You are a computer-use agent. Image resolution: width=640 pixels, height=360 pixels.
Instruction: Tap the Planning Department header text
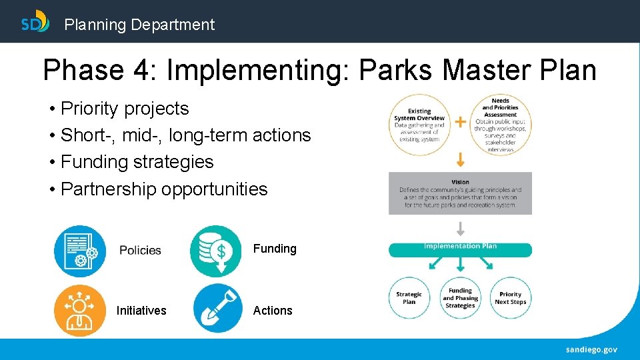tap(139, 25)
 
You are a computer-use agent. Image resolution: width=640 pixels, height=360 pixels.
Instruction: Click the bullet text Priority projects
tap(125, 109)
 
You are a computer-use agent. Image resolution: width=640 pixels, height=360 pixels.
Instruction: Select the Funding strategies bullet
tap(137, 162)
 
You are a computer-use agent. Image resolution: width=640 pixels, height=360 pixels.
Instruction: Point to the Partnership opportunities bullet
tap(163, 189)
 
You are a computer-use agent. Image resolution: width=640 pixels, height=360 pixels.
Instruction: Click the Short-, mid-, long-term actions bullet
tap(185, 135)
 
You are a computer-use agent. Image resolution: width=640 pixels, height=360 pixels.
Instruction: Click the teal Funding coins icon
tap(216, 251)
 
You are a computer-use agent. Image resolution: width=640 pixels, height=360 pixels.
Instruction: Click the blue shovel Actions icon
tap(218, 309)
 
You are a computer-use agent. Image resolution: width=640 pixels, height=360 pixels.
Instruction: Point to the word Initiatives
tap(141, 311)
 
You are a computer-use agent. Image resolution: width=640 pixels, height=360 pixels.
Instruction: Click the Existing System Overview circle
tap(419, 125)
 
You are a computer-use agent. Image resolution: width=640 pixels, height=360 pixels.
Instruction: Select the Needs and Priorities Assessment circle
tap(500, 125)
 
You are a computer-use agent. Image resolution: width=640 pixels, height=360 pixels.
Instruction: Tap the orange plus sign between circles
tap(460, 122)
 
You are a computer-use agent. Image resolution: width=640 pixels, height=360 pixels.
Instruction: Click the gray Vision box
tap(460, 193)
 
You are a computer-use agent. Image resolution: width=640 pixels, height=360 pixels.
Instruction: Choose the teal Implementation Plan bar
tap(460, 249)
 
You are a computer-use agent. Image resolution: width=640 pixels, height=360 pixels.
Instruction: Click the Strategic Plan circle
tap(409, 298)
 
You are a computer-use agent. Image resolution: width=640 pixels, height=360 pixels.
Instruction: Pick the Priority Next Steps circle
tap(511, 298)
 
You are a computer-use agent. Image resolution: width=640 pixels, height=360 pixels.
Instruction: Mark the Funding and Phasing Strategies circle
tap(460, 298)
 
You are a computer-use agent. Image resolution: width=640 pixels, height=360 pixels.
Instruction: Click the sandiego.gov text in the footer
tap(591, 349)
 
